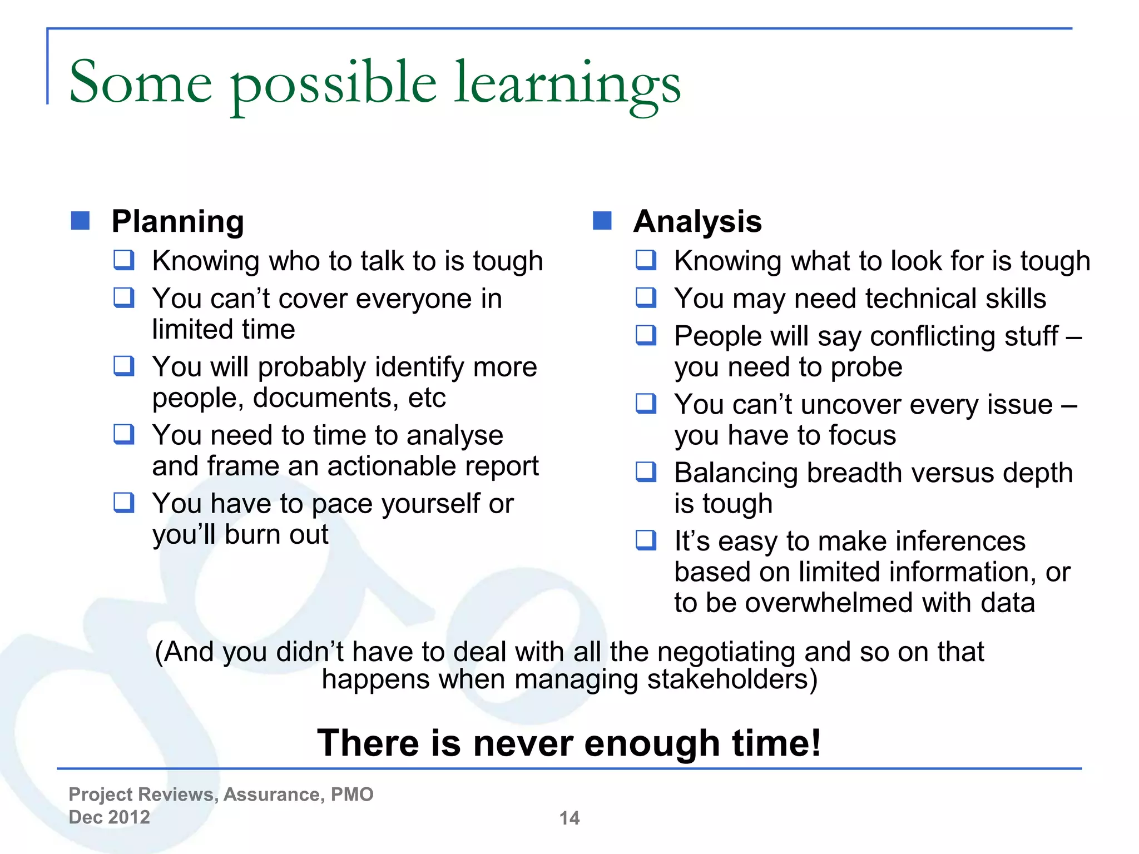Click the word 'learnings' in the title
click(x=567, y=83)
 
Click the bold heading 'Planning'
click(x=177, y=221)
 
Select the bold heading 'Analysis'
click(x=697, y=221)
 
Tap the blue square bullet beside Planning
click(x=81, y=221)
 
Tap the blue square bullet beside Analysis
click(x=602, y=221)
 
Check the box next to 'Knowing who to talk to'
click(x=123, y=260)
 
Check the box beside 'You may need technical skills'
click(x=646, y=297)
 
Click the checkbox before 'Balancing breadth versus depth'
click(x=646, y=471)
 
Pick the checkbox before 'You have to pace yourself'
click(x=123, y=502)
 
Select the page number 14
click(x=569, y=818)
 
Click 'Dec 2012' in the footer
click(x=109, y=817)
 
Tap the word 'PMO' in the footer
click(x=351, y=795)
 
